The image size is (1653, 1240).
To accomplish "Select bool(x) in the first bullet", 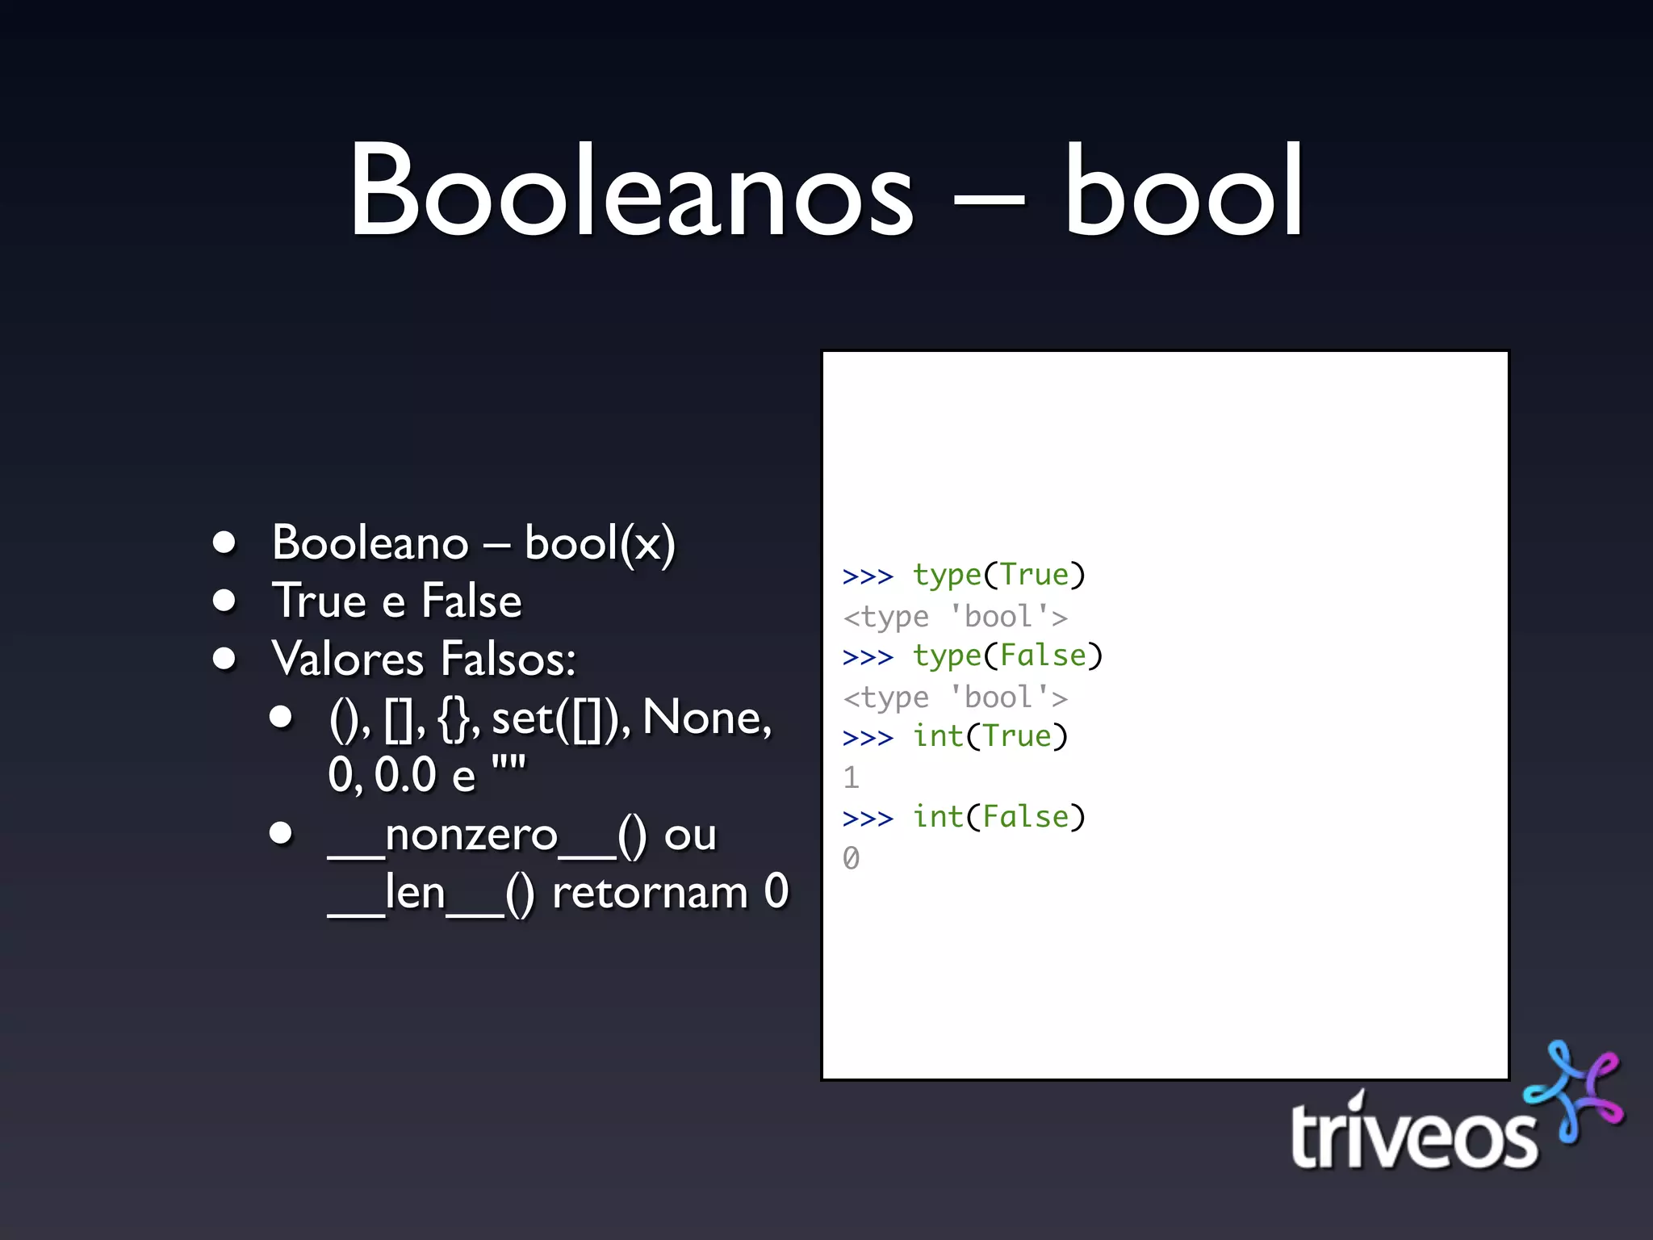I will pos(600,543).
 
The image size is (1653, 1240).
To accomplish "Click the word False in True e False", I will pos(471,601).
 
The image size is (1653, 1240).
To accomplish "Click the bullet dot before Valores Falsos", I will pos(224,659).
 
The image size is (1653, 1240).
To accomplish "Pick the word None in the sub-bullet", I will pos(706,718).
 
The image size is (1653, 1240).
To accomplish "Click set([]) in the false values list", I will pos(555,718).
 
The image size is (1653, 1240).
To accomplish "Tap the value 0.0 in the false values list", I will pos(406,775).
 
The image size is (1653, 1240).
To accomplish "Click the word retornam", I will pos(650,893).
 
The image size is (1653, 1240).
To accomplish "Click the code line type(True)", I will pos(998,576).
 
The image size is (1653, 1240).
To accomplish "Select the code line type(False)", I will pos(1006,656).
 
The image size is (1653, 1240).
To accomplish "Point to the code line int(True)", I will pos(990,737).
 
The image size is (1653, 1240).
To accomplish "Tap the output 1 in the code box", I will pos(851,777).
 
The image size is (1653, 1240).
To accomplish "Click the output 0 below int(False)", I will pos(851,858).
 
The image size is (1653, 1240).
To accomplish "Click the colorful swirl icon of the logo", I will pos(1574,1090).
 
